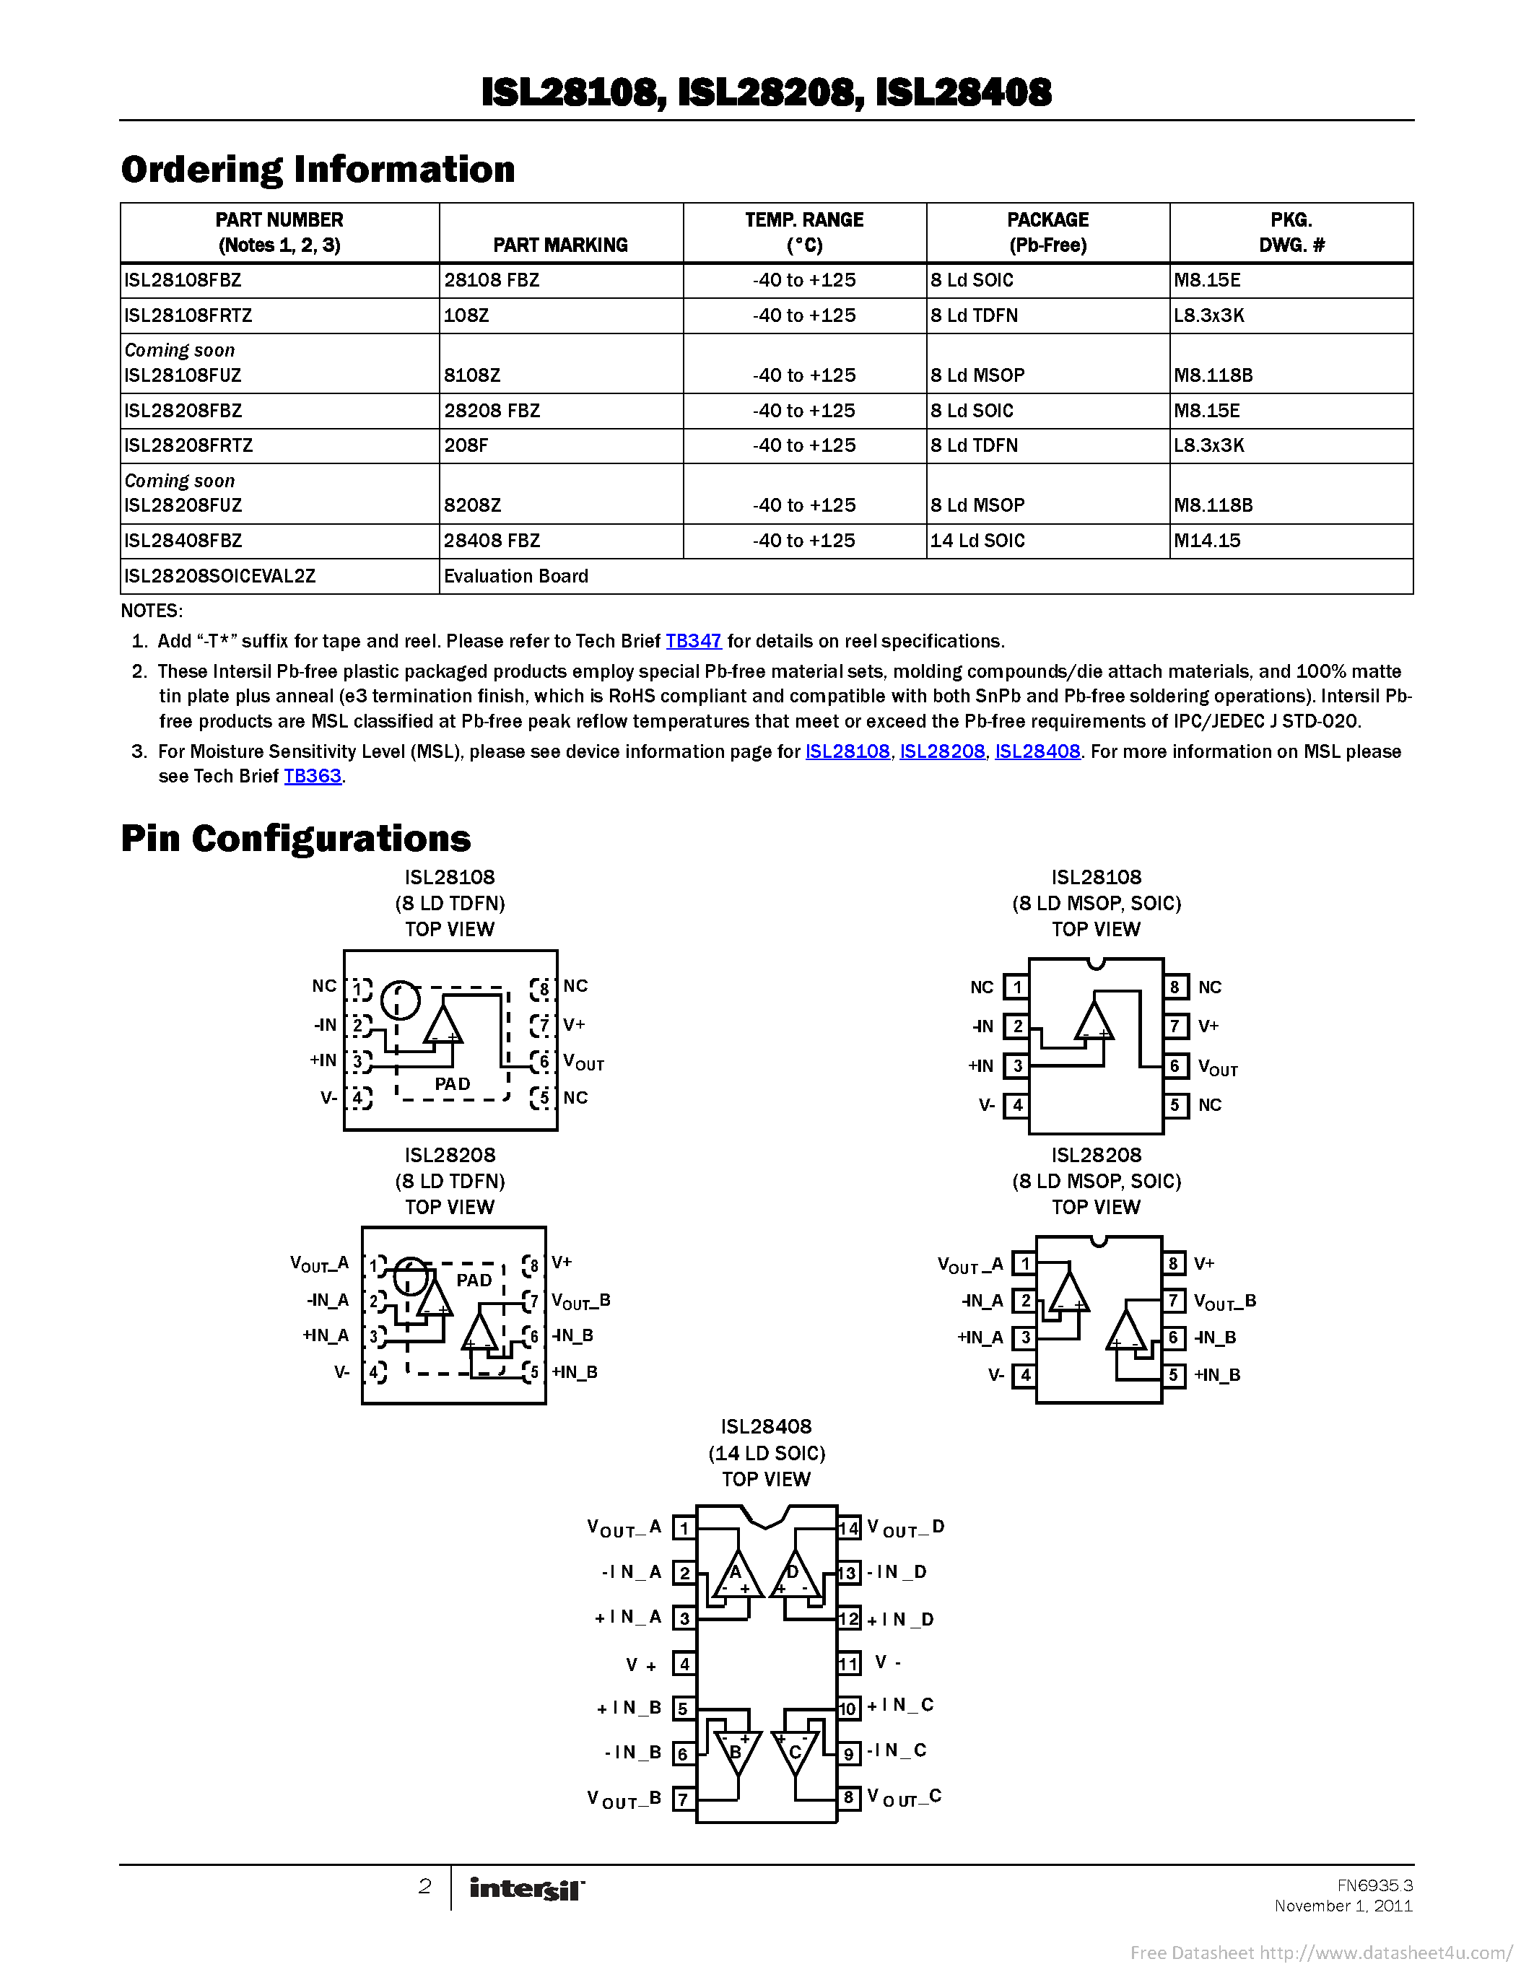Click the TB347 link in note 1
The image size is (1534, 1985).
pyautogui.click(x=694, y=641)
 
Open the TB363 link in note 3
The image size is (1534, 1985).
pyautogui.click(x=313, y=775)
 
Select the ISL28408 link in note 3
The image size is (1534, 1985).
pyautogui.click(x=1037, y=751)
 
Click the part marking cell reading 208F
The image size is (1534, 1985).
pyautogui.click(x=466, y=445)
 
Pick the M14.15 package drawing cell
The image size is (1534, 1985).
pyautogui.click(x=1207, y=541)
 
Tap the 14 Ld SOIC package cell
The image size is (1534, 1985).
pyautogui.click(x=977, y=541)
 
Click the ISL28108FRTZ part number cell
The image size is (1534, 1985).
pyautogui.click(x=188, y=315)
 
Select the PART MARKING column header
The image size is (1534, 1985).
pyautogui.click(x=559, y=245)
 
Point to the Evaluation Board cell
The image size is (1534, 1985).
pyautogui.click(x=516, y=576)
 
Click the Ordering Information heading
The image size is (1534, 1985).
pyautogui.click(x=318, y=170)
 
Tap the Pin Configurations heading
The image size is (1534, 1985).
pyautogui.click(x=295, y=838)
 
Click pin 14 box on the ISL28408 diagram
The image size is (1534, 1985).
pyautogui.click(x=848, y=1528)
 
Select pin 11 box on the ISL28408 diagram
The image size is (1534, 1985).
pyautogui.click(x=848, y=1665)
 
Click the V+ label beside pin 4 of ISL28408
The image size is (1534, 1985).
pyautogui.click(x=641, y=1665)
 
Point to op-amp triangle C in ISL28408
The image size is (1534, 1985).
pyautogui.click(x=793, y=1750)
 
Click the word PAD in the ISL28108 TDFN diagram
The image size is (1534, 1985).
pyautogui.click(x=453, y=1083)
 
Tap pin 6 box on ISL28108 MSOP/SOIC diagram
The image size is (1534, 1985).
pyautogui.click(x=1175, y=1065)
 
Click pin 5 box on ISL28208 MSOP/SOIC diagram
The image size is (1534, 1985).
pyautogui.click(x=1173, y=1375)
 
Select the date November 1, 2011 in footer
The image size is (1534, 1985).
pyautogui.click(x=1343, y=1906)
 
